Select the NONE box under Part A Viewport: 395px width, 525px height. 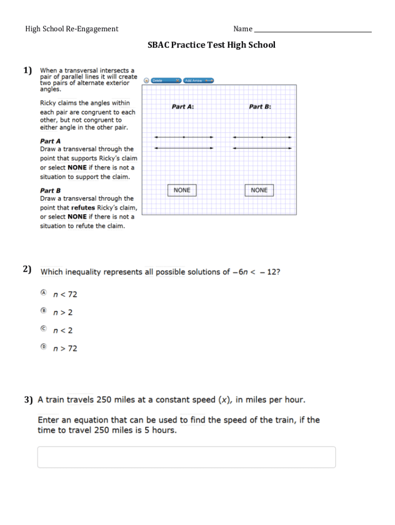point(182,190)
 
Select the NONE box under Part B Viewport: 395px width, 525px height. point(259,190)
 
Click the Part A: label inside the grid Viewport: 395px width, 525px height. point(183,107)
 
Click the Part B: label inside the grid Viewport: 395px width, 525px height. point(260,107)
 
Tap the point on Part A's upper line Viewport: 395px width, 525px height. point(184,137)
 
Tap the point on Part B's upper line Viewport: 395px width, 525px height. point(262,137)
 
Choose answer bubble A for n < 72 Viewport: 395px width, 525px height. point(44,293)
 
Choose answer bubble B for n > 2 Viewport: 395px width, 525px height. point(44,311)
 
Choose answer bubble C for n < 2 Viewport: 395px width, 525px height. point(44,329)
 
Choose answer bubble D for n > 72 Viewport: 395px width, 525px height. point(44,347)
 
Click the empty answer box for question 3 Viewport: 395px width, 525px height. point(186,457)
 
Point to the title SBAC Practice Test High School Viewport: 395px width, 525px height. point(211,45)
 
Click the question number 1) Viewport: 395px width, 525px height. point(28,70)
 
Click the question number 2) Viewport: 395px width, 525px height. point(28,270)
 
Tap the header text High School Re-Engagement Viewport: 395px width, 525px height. point(72,29)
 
